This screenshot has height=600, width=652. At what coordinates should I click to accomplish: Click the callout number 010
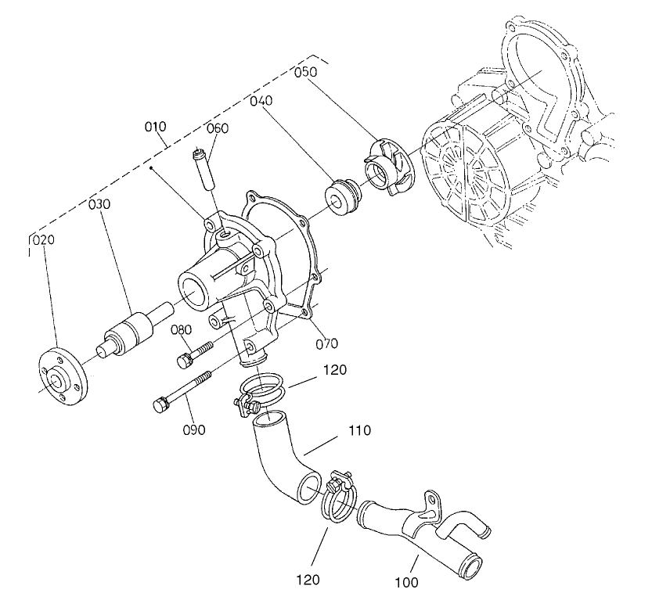click(156, 127)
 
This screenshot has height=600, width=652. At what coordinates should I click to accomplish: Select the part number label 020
click(43, 240)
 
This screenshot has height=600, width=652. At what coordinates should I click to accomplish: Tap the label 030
click(99, 204)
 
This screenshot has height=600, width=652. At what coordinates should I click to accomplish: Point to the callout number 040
click(261, 102)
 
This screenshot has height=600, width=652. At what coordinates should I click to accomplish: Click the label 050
click(305, 73)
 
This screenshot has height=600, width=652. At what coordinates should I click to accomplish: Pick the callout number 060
click(217, 128)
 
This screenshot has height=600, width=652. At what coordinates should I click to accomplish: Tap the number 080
click(182, 331)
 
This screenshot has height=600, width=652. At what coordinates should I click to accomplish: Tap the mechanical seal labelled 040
click(342, 198)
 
